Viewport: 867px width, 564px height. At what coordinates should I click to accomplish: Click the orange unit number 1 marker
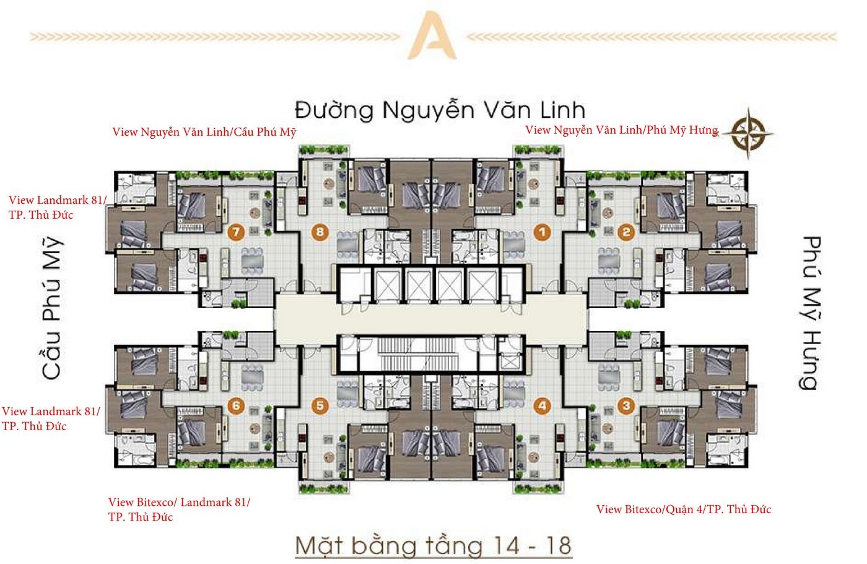coord(542,232)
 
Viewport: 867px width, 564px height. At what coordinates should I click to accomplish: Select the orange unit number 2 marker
coord(627,232)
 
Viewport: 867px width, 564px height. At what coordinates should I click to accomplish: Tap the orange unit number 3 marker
coord(627,406)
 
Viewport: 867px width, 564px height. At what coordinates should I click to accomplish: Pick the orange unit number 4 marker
coord(542,406)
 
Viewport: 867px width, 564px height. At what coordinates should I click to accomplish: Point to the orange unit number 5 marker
coord(320,406)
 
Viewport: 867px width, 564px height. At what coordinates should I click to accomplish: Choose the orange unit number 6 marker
coord(236,406)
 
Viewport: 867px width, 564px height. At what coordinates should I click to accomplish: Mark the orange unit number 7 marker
coord(236,232)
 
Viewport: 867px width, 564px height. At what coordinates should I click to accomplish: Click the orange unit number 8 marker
coord(320,232)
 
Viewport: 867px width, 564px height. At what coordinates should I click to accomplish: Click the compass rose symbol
coord(748,134)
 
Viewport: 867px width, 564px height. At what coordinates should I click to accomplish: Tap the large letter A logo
coord(432,35)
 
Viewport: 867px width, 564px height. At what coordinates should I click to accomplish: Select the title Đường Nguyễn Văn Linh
coord(440,110)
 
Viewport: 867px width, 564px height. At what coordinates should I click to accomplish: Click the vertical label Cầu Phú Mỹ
coord(52,307)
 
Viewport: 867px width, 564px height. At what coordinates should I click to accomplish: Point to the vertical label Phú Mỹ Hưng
coord(811,313)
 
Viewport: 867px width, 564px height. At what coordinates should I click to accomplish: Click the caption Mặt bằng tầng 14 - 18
coord(434,545)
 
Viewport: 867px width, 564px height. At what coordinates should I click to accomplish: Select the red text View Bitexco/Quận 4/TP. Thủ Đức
coord(684,509)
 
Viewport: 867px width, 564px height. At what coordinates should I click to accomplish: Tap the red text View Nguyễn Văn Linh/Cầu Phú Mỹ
coord(204,132)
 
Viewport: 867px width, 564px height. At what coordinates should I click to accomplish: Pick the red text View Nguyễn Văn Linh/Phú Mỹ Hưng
coord(622,130)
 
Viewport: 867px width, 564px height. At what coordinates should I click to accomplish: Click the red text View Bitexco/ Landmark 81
coord(179,503)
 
